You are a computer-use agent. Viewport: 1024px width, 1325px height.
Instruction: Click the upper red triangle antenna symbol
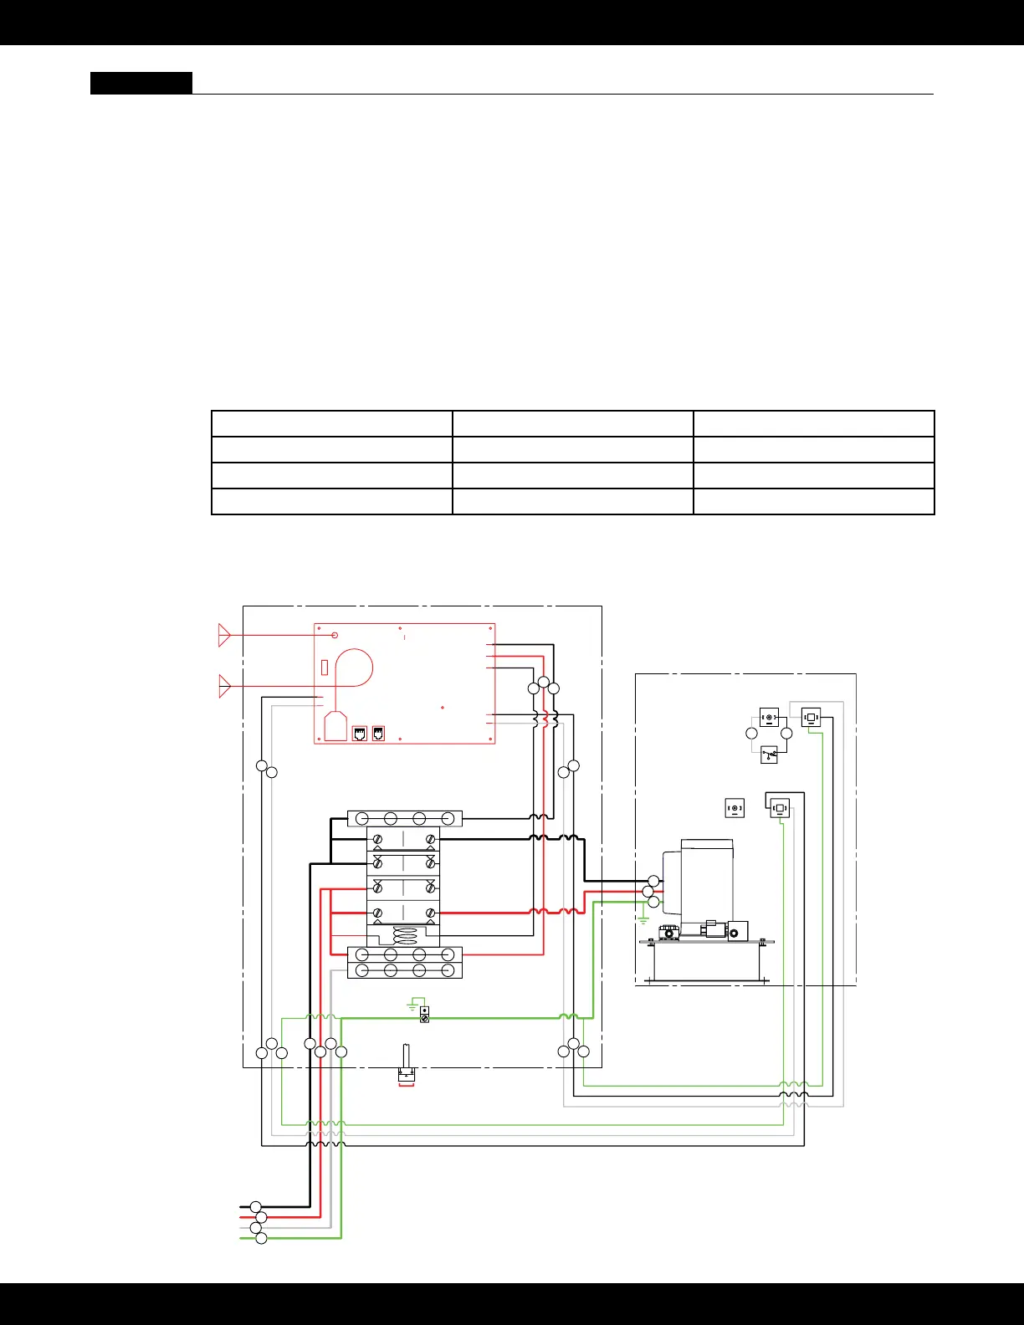click(x=223, y=635)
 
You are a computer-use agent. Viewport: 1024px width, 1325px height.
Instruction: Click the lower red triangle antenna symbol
click(x=223, y=686)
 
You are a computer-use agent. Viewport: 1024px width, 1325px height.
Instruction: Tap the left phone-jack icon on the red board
click(x=360, y=734)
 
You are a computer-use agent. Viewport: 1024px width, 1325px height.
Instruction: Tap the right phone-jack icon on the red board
click(x=378, y=734)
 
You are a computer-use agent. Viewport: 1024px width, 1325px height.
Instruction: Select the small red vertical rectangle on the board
click(x=325, y=668)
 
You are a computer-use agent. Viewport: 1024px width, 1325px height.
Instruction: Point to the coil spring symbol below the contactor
click(x=404, y=936)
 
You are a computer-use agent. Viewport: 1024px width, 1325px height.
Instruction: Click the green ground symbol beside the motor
click(x=643, y=920)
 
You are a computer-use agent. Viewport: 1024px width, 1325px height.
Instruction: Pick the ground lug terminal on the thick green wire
click(x=424, y=1015)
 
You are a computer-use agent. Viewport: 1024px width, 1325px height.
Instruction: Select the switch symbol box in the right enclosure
click(x=769, y=755)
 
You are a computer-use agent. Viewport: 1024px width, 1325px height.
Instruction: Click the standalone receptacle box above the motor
click(x=735, y=808)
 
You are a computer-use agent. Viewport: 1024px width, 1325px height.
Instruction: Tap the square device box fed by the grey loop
click(x=811, y=718)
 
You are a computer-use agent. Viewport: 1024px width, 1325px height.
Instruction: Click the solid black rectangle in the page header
click(x=141, y=83)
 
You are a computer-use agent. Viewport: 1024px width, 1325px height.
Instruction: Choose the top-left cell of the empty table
click(x=332, y=423)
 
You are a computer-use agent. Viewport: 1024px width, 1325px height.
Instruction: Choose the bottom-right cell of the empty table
click(x=813, y=501)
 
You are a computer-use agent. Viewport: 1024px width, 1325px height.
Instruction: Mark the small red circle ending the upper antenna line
click(x=335, y=635)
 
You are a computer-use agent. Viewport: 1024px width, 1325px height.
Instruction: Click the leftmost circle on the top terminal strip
click(x=361, y=818)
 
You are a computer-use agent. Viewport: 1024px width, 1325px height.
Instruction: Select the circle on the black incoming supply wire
click(x=256, y=1207)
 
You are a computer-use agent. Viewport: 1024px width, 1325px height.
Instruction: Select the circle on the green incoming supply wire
click(x=260, y=1238)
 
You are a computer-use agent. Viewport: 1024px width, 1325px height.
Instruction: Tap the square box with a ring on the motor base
click(x=737, y=931)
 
